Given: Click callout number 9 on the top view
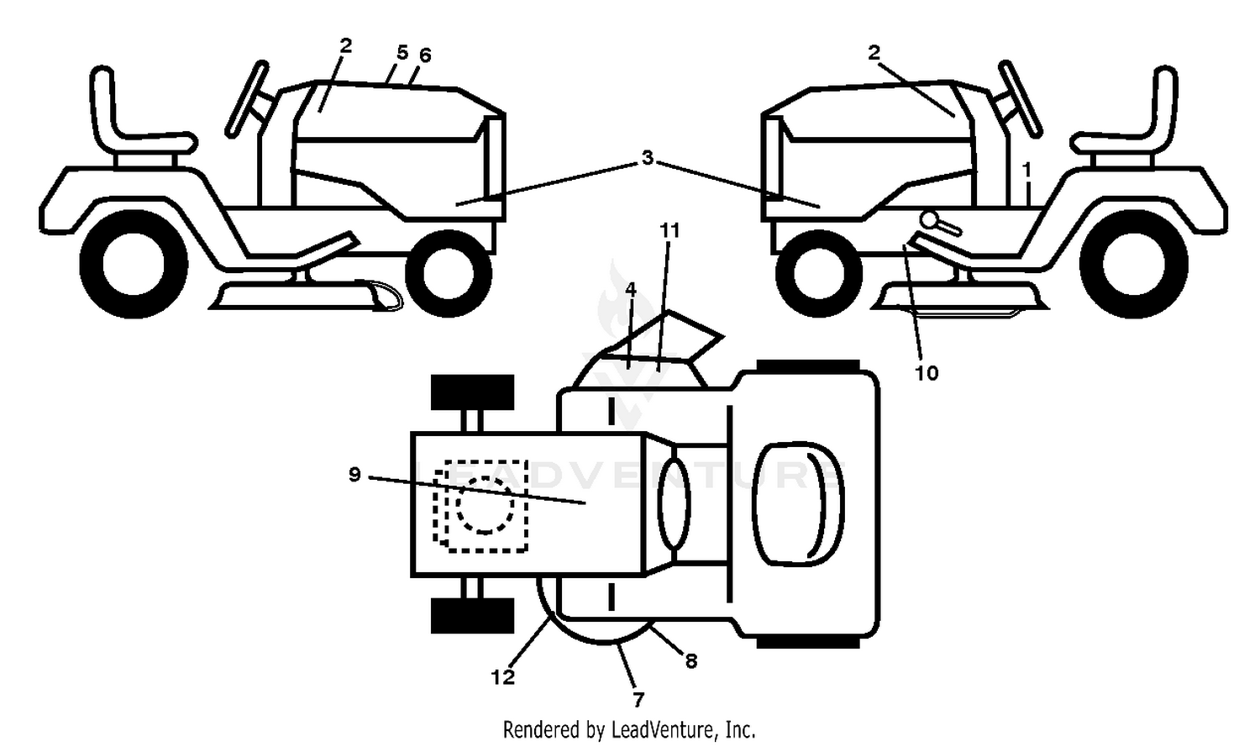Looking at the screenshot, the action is tap(354, 475).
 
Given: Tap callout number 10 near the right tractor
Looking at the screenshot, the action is tap(927, 373).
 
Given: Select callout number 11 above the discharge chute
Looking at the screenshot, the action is tap(669, 230).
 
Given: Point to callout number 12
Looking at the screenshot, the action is tap(502, 677).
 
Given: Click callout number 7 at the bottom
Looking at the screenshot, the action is tap(638, 700).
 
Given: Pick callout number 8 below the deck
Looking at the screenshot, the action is tap(691, 661).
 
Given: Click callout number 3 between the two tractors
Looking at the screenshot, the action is tap(648, 158).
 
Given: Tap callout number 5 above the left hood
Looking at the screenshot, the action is tap(402, 53).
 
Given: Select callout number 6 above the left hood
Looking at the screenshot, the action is tap(425, 55).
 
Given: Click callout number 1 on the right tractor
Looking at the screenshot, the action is tap(1026, 169).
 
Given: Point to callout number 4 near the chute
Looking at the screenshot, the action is tap(631, 290).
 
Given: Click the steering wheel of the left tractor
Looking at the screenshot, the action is tap(246, 98).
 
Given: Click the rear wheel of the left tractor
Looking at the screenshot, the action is tap(134, 264).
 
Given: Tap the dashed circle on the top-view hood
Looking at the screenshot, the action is tap(485, 504).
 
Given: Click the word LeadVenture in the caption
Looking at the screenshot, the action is tap(665, 730).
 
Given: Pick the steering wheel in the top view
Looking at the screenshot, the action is tap(674, 503).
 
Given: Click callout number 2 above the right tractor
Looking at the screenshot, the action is tap(874, 53).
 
